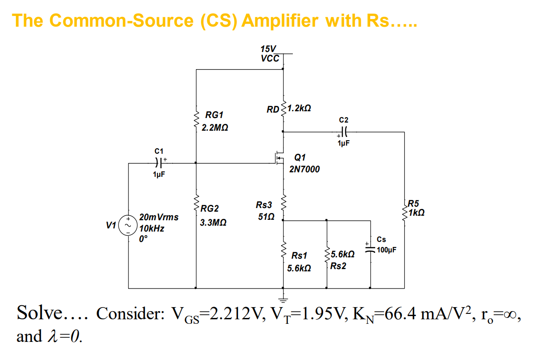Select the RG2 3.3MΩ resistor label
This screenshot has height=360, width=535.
tap(211, 216)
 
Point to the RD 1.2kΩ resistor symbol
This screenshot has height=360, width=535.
tap(283, 109)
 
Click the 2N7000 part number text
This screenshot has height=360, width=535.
tap(305, 169)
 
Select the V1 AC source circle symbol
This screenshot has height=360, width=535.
tap(128, 225)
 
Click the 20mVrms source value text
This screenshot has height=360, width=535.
tap(159, 217)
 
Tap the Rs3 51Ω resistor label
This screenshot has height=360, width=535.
tap(264, 211)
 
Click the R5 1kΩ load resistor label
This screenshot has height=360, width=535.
tap(416, 208)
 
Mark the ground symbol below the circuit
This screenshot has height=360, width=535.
tap(283, 298)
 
